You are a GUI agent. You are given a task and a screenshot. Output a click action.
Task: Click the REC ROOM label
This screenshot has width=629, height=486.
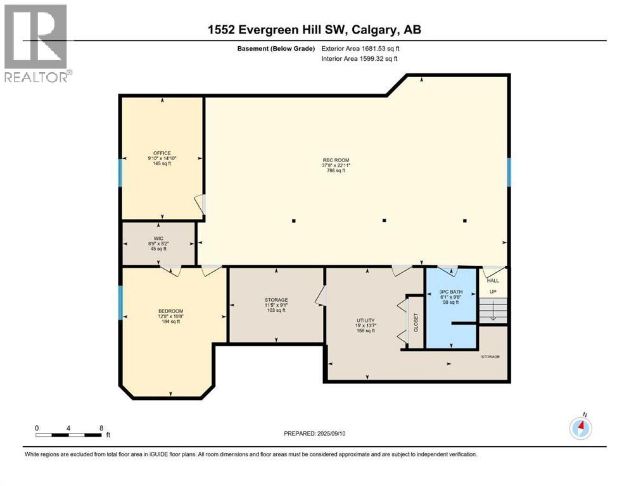335,159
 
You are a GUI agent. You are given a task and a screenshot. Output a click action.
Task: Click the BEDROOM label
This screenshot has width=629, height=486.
170,311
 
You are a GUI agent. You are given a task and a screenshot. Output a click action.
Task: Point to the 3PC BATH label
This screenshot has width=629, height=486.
451,292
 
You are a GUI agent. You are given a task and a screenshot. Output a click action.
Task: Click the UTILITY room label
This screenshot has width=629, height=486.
365,321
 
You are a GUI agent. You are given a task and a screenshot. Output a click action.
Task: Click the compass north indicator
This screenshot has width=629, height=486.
580,427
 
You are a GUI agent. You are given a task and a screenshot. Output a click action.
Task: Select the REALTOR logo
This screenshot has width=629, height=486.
37,44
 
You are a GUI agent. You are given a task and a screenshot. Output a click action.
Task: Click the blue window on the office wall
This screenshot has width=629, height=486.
120,172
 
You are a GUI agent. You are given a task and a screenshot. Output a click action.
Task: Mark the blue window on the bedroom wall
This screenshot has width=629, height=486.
120,302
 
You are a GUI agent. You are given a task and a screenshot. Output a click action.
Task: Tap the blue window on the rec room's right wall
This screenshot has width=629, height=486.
509,172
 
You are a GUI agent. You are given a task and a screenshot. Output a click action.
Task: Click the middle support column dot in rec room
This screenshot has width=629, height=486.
384,221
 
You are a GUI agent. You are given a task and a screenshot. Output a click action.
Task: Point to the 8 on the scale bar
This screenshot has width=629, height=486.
101,428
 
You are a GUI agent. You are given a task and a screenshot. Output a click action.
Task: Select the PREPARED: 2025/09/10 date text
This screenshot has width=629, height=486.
315,433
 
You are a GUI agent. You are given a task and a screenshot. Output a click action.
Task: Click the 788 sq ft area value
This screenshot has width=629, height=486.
335,171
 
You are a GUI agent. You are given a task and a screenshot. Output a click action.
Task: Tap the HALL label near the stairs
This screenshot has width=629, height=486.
492,280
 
